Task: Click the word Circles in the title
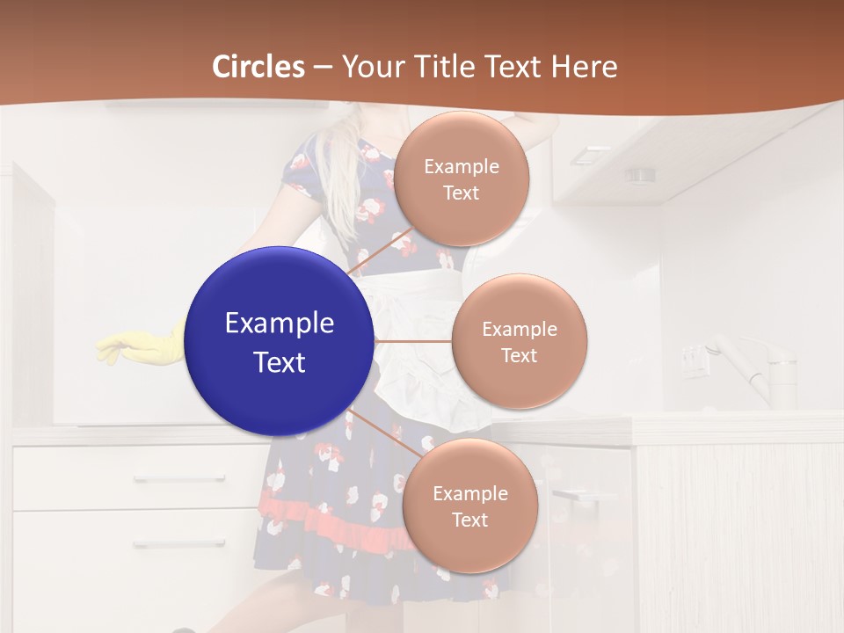click(258, 66)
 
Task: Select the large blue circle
click(280, 341)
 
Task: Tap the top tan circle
click(461, 178)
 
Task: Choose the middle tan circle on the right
click(519, 341)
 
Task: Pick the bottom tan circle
click(469, 506)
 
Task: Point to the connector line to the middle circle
click(413, 341)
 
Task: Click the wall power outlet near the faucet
click(695, 360)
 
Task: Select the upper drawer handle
click(179, 479)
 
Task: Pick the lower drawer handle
click(179, 543)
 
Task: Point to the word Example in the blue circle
click(280, 324)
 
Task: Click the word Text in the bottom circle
click(469, 520)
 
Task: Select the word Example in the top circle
click(461, 166)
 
